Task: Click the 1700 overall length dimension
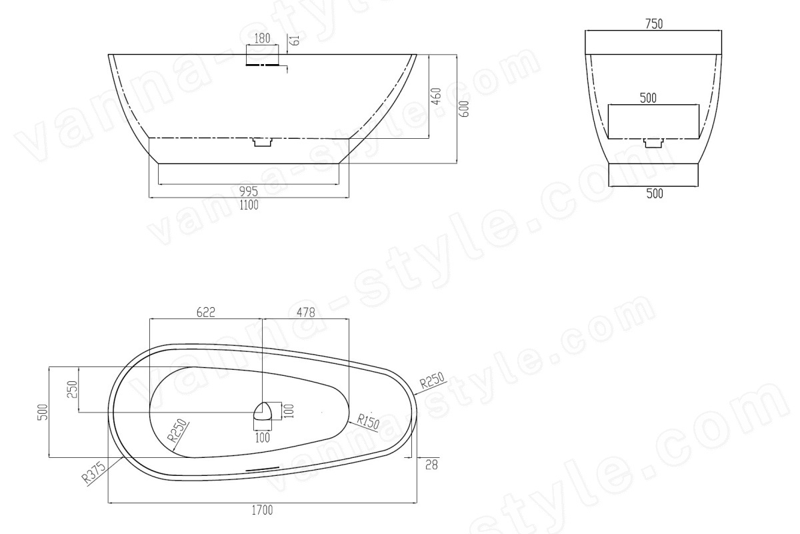pyautogui.click(x=262, y=510)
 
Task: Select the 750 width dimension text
pyautogui.click(x=654, y=24)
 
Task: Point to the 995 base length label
pyautogui.click(x=248, y=192)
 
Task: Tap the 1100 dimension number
pyautogui.click(x=249, y=206)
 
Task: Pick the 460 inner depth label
pyautogui.click(x=437, y=96)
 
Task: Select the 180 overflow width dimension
pyautogui.click(x=262, y=38)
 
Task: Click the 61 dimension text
pyautogui.click(x=296, y=41)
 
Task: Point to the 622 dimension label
pyautogui.click(x=206, y=312)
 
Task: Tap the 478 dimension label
pyautogui.click(x=306, y=312)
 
